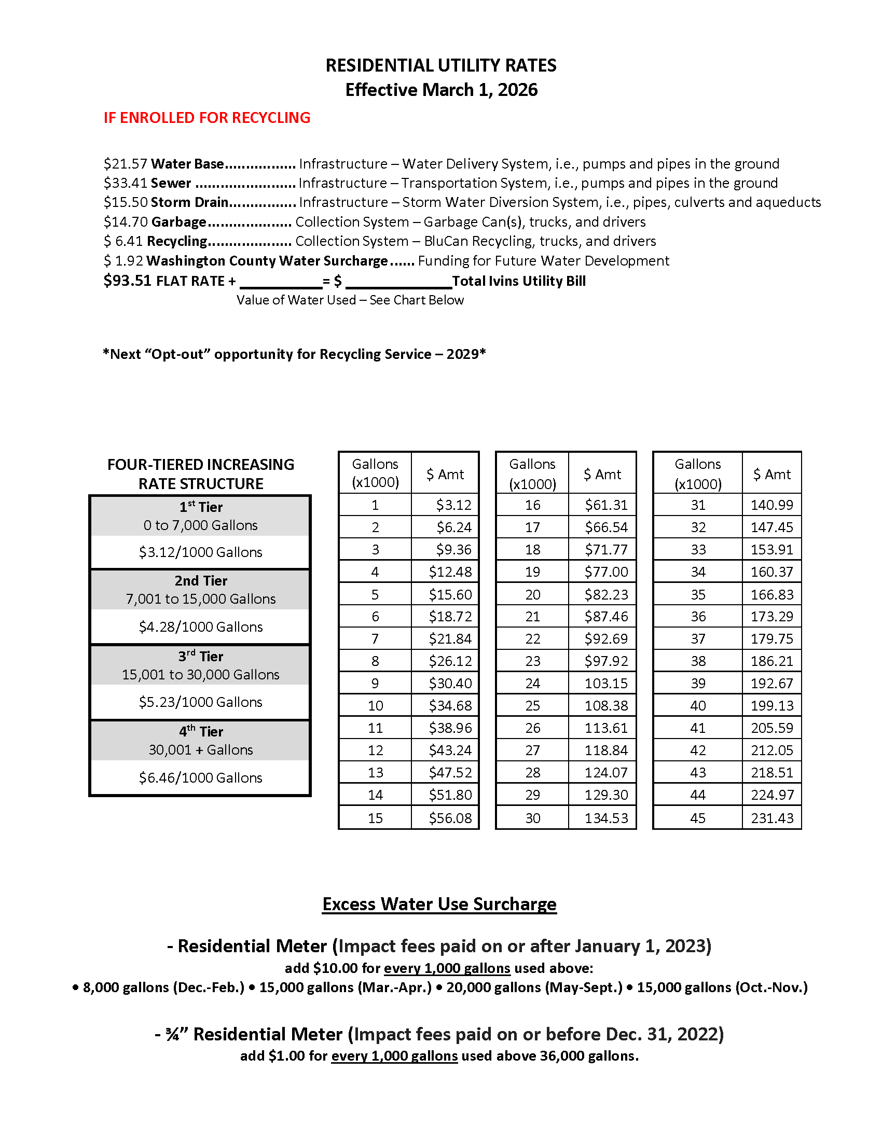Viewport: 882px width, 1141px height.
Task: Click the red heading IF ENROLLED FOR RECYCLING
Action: click(206, 118)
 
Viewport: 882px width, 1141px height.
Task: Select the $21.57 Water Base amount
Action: click(126, 164)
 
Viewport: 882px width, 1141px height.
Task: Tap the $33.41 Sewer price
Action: click(126, 184)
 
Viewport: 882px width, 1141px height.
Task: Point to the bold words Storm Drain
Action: click(190, 202)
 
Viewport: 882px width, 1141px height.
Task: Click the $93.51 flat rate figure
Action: click(128, 281)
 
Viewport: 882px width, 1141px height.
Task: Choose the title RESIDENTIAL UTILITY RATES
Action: click(441, 66)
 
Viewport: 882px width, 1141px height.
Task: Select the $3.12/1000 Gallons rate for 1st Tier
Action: click(200, 552)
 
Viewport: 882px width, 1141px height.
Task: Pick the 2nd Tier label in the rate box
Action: click(201, 581)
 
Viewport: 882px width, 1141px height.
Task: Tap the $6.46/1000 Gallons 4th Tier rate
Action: click(200, 778)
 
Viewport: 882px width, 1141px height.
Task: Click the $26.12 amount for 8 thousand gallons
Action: click(450, 661)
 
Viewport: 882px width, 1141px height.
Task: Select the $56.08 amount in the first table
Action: click(450, 818)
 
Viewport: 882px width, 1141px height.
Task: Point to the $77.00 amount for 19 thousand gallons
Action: click(606, 572)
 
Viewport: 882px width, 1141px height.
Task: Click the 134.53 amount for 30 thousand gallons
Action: click(606, 818)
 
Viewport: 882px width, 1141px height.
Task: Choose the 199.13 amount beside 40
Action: click(772, 706)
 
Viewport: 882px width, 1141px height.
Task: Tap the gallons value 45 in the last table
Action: click(697, 818)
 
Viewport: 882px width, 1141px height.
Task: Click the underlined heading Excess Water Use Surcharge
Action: click(439, 905)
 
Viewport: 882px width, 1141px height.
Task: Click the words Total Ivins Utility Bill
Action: click(518, 281)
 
